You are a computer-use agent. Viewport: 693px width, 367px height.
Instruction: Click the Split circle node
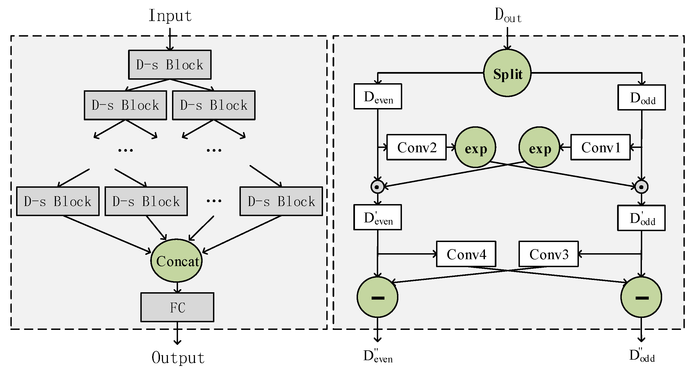pyautogui.click(x=507, y=73)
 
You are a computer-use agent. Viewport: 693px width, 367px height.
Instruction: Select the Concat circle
pyautogui.click(x=177, y=261)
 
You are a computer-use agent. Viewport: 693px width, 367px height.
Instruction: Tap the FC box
pyautogui.click(x=177, y=307)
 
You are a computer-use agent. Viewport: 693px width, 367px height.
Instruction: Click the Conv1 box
pyautogui.click(x=600, y=147)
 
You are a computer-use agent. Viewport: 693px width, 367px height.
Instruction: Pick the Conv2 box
pyautogui.click(x=416, y=147)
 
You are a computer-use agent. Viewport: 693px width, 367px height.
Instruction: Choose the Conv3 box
pyautogui.click(x=549, y=254)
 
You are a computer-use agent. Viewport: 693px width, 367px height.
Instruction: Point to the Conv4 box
pyautogui.click(x=466, y=254)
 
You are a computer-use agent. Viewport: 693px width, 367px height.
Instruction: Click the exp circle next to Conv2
pyautogui.click(x=475, y=147)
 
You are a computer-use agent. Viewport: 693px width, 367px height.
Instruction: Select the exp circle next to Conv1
pyautogui.click(x=539, y=147)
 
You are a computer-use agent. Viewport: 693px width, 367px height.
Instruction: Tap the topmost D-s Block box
pyautogui.click(x=170, y=65)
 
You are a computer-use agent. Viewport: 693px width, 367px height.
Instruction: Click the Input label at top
pyautogui.click(x=170, y=16)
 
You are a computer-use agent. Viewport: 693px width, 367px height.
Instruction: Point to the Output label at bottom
pyautogui.click(x=178, y=357)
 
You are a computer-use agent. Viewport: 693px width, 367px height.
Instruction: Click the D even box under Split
pyautogui.click(x=378, y=97)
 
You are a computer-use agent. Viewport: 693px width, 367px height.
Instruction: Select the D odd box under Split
pyautogui.click(x=642, y=98)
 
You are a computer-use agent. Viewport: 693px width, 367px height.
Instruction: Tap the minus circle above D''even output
pyautogui.click(x=378, y=297)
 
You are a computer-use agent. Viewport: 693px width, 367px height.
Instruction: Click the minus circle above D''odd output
pyautogui.click(x=641, y=297)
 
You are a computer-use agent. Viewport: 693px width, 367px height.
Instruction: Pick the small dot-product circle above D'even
pyautogui.click(x=377, y=187)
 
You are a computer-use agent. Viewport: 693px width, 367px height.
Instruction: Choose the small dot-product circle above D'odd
pyautogui.click(x=641, y=187)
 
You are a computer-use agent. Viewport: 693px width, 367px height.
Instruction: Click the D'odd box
pyautogui.click(x=641, y=218)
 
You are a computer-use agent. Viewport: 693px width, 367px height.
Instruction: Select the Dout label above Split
pyautogui.click(x=508, y=16)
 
